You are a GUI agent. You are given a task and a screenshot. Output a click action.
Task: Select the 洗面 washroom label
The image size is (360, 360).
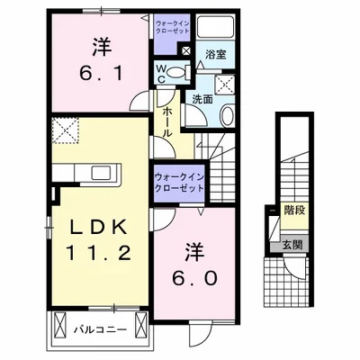point(202,99)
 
